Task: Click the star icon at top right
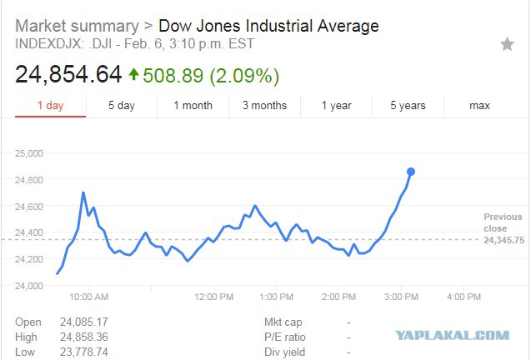pos(507,44)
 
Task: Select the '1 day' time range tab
pos(51,105)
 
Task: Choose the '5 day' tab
pos(122,105)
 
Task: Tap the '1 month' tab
pos(193,105)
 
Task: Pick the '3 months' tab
pos(264,105)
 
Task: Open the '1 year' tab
pos(336,105)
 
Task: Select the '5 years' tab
pos(408,105)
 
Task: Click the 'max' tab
pos(479,105)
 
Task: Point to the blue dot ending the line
pos(411,172)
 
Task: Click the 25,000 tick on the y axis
pos(29,153)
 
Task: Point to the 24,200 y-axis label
pos(29,259)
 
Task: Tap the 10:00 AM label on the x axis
pos(88,297)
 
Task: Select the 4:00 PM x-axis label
pos(463,297)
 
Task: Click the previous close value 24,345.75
pos(503,240)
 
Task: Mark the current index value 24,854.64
pos(68,74)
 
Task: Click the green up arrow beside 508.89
pos(133,74)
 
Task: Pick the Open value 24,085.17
pos(84,322)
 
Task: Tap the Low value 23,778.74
pos(84,352)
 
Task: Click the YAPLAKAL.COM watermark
pos(453,335)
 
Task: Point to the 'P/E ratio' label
pos(285,337)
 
